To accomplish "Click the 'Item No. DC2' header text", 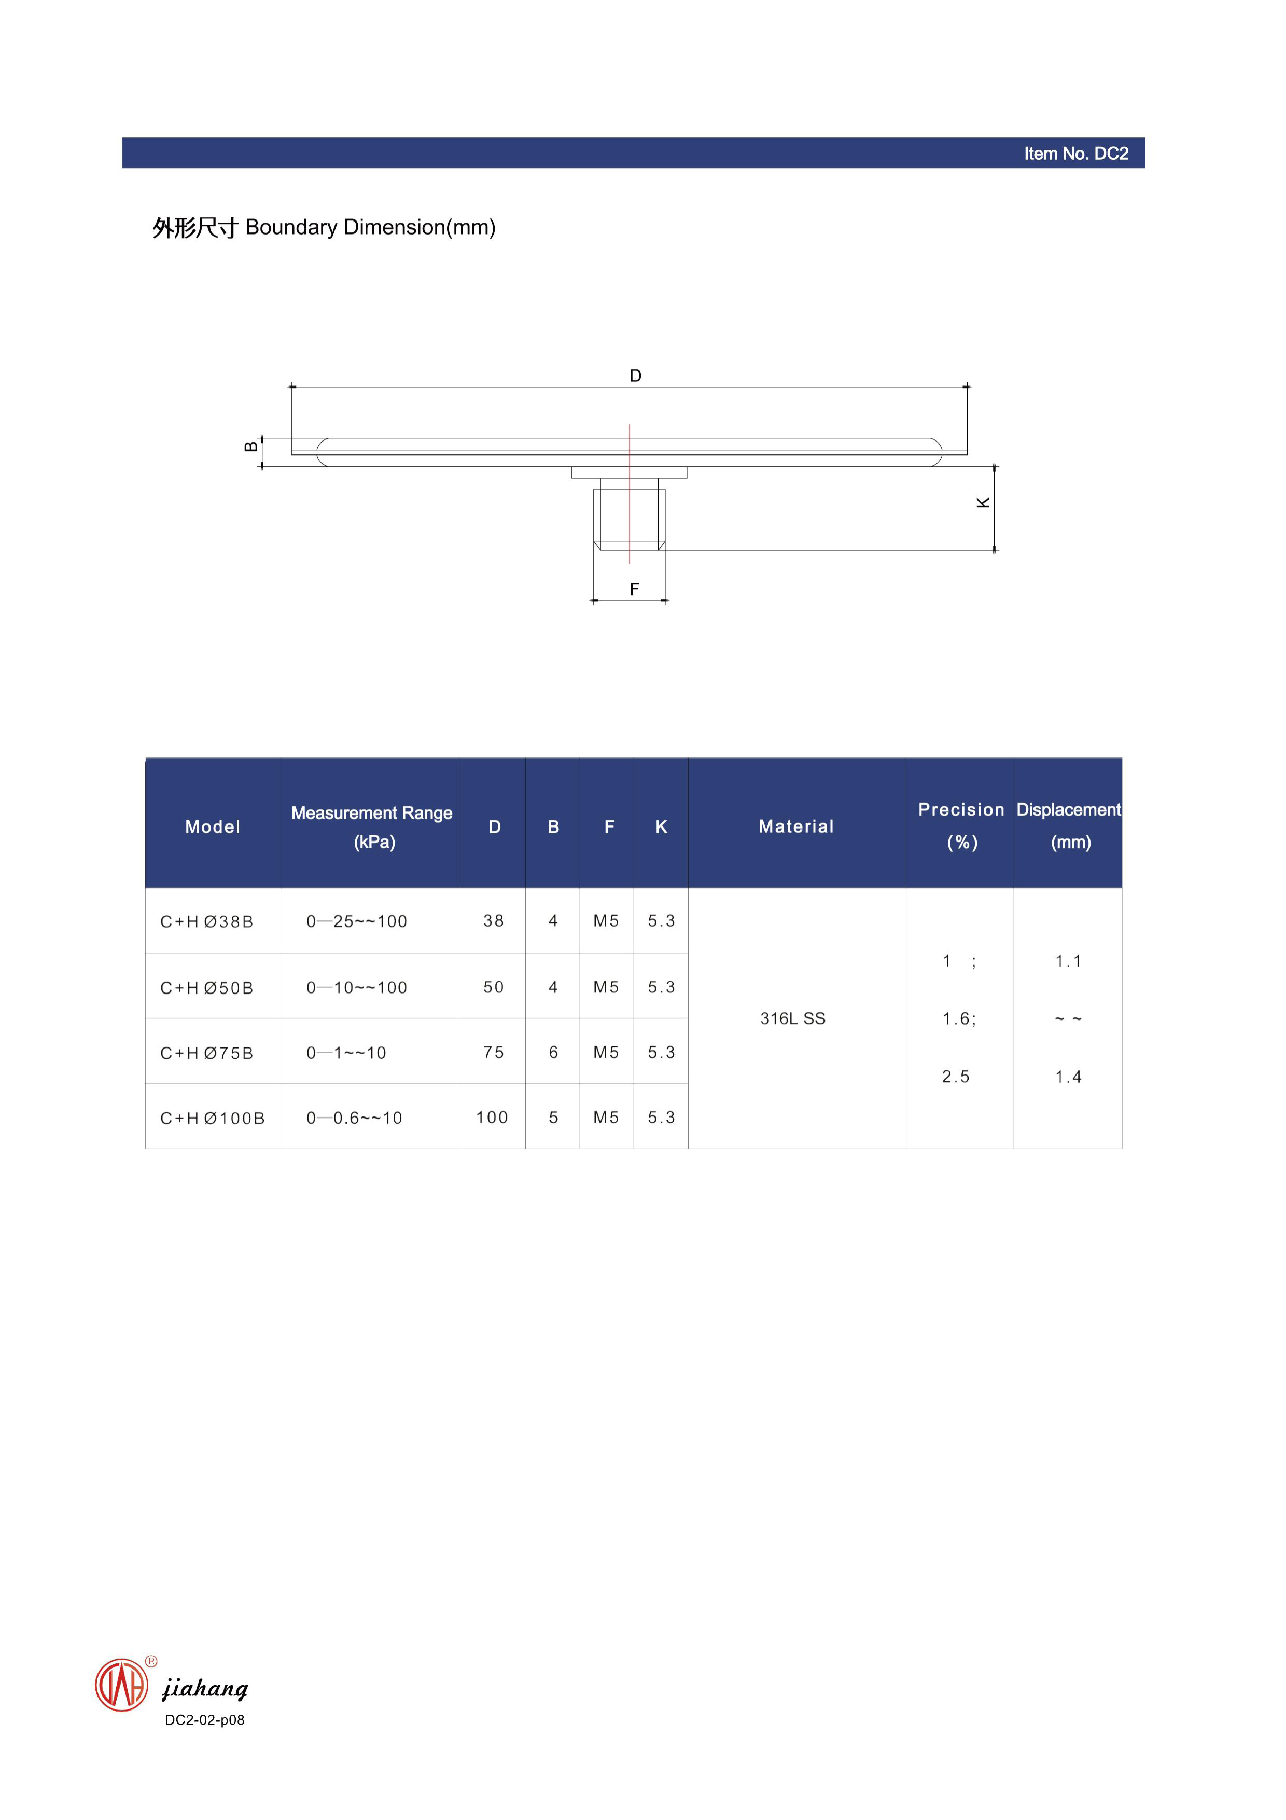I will (x=1075, y=154).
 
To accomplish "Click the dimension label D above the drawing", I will (x=635, y=376).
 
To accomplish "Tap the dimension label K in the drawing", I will (x=983, y=503).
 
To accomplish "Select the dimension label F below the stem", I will (x=634, y=589).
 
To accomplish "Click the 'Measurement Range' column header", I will (x=372, y=814).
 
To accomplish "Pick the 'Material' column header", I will (x=795, y=827).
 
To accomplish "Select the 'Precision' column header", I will (x=960, y=810).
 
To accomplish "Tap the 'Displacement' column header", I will (x=1068, y=810).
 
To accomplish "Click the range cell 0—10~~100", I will (x=357, y=988).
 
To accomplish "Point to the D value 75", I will (x=494, y=1053).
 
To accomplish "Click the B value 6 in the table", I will (x=553, y=1053).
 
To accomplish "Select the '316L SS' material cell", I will (x=792, y=1018).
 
